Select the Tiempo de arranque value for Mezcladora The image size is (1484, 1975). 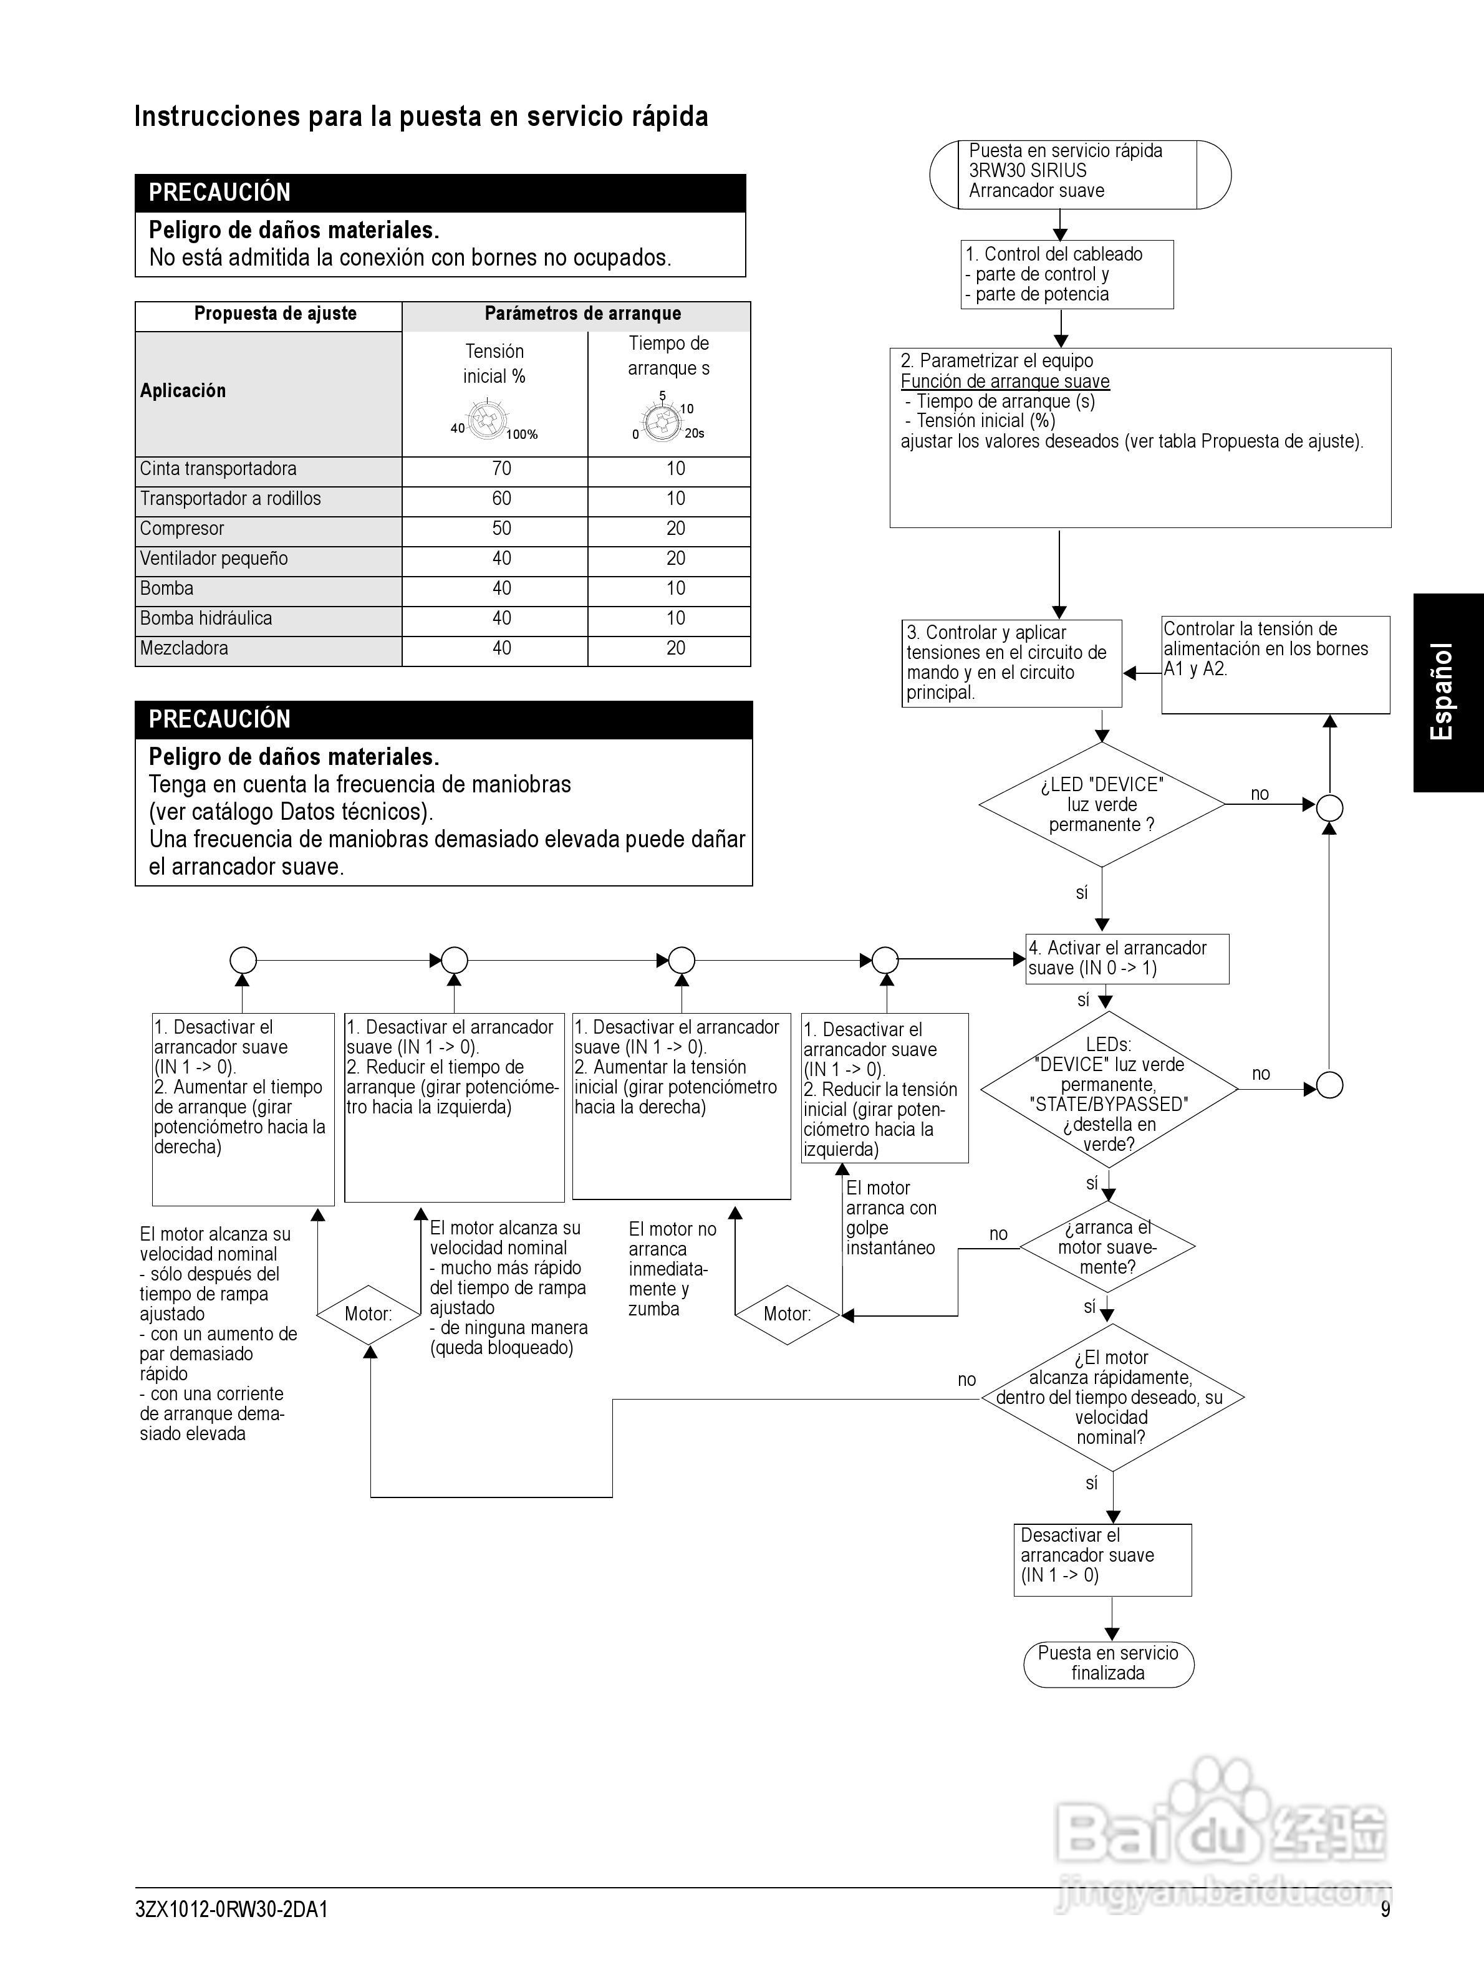click(x=675, y=648)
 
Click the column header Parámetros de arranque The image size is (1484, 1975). click(x=582, y=314)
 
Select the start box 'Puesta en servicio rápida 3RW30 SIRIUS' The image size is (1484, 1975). click(x=1079, y=171)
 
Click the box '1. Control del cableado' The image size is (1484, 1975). click(x=1066, y=274)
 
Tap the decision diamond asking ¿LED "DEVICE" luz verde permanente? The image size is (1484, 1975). click(x=1102, y=804)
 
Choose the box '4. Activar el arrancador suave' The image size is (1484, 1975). click(x=1127, y=958)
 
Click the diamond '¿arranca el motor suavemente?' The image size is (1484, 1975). click(x=1107, y=1246)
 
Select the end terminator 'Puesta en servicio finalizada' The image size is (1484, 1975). click(x=1108, y=1663)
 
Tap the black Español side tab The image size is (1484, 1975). click(x=1447, y=692)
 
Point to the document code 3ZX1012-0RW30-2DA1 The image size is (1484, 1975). click(x=231, y=1909)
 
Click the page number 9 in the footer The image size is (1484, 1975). click(x=1385, y=1909)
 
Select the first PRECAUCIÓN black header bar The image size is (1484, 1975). click(x=440, y=193)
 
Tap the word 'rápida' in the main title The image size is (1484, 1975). click(x=667, y=117)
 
